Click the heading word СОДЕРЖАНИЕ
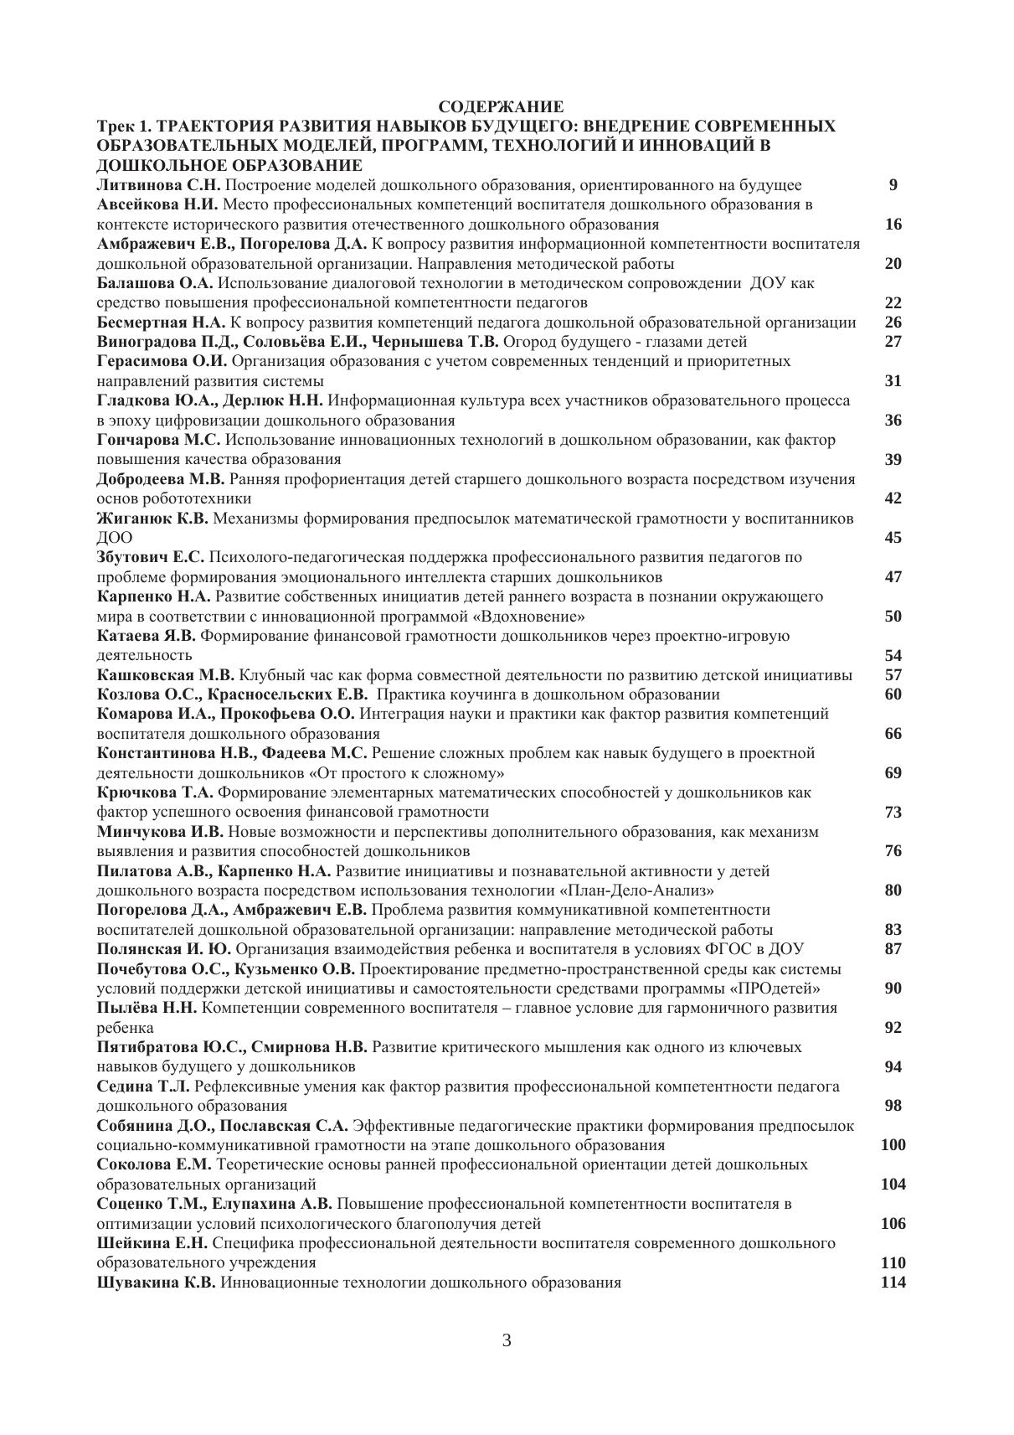[x=501, y=106]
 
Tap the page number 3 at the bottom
[x=507, y=1340]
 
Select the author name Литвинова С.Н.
[x=159, y=185]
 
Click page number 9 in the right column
[x=893, y=185]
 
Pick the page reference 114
[x=893, y=1283]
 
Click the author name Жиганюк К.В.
[x=153, y=519]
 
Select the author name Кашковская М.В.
[x=167, y=675]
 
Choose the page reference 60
[x=893, y=694]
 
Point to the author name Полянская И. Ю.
[x=164, y=949]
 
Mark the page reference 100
[x=893, y=1145]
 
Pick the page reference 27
[x=893, y=342]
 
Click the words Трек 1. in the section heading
[x=125, y=126]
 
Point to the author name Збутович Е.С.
[x=151, y=557]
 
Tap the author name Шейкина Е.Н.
[x=153, y=1243]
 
